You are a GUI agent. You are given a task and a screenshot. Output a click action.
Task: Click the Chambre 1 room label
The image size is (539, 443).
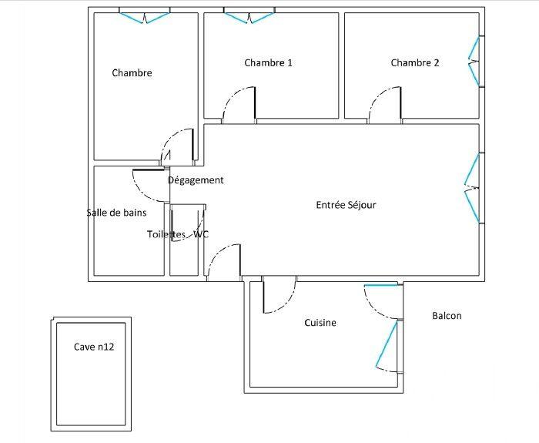click(268, 63)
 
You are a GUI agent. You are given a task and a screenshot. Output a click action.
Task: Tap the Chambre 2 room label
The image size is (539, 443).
click(414, 63)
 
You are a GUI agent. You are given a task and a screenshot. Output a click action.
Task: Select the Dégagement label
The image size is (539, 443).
click(196, 180)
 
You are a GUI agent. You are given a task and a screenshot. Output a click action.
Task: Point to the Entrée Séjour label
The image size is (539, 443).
click(346, 205)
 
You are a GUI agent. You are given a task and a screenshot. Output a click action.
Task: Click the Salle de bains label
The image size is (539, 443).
click(116, 213)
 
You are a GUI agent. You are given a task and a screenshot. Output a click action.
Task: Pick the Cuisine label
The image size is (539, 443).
click(320, 323)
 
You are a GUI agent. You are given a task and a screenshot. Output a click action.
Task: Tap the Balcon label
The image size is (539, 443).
click(447, 316)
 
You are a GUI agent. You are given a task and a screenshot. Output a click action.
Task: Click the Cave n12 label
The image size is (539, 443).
click(94, 347)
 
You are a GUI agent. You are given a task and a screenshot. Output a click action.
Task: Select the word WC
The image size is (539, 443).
click(201, 234)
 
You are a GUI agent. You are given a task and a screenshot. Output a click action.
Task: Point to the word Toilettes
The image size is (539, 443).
click(166, 234)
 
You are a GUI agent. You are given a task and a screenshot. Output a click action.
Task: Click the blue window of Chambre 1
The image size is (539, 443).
click(248, 15)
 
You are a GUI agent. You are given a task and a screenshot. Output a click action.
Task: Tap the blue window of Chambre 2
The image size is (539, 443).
click(474, 61)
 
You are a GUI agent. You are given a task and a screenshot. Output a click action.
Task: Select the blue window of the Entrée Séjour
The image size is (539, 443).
click(473, 186)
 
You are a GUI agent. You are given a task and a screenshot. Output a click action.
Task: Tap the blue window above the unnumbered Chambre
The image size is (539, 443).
click(145, 15)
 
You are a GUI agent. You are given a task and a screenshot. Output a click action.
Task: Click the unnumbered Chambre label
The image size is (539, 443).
click(132, 73)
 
